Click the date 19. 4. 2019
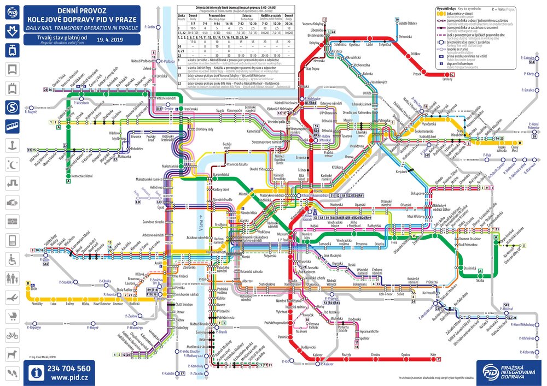pyautogui.click(x=112, y=40)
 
